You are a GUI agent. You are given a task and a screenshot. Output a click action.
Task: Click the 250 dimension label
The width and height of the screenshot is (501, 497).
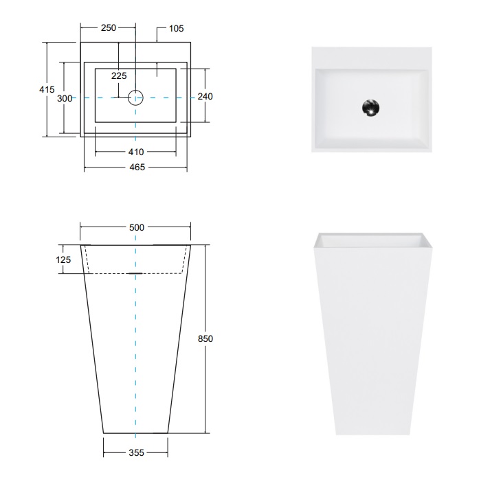click(108, 28)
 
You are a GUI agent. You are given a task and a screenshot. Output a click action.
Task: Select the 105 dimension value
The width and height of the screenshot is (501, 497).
click(175, 28)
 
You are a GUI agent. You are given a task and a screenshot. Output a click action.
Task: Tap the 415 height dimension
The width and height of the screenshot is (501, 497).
click(46, 89)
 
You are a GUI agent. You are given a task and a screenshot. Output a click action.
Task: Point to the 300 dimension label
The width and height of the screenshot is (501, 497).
click(65, 98)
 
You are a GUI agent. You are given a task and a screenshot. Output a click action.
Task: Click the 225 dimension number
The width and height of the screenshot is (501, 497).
click(118, 76)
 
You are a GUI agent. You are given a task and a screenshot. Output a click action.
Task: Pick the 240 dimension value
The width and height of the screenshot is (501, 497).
click(205, 97)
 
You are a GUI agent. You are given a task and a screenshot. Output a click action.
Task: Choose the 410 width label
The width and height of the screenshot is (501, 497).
click(135, 152)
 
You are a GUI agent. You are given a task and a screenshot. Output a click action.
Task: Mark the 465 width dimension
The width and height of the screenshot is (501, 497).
click(135, 167)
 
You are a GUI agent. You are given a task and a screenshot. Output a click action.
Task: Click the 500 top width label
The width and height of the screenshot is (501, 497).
click(135, 227)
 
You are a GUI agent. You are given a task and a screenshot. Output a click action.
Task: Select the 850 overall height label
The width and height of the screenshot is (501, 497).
click(205, 338)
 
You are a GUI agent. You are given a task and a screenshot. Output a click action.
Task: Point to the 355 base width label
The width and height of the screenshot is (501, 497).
click(135, 452)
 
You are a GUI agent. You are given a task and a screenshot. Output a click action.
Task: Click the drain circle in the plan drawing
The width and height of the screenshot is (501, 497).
click(135, 97)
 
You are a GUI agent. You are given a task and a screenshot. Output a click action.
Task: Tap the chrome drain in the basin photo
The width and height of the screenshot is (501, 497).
click(371, 108)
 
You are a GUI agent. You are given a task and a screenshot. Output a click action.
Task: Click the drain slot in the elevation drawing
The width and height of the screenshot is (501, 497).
click(135, 273)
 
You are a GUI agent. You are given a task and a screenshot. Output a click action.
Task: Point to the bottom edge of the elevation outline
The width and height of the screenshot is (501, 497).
click(135, 433)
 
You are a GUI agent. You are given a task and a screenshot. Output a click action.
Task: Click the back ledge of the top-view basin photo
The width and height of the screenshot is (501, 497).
click(371, 58)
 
